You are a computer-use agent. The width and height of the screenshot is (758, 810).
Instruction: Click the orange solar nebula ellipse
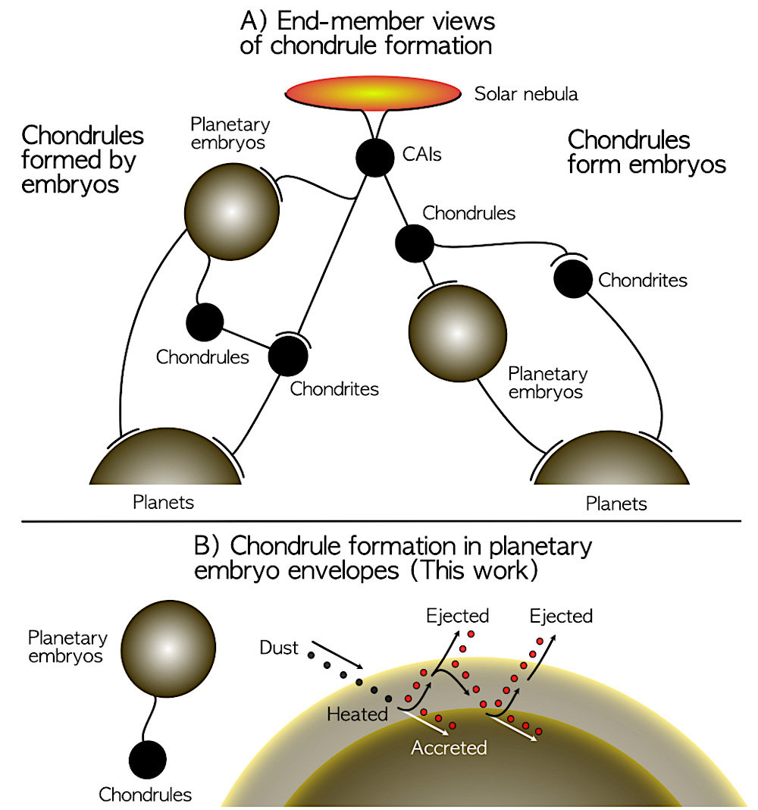pyautogui.click(x=374, y=93)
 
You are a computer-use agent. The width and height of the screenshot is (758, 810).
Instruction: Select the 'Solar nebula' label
pyautogui.click(x=525, y=94)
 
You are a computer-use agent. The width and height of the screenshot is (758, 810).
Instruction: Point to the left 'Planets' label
pyautogui.click(x=163, y=502)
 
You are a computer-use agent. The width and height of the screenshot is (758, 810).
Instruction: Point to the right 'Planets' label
pyautogui.click(x=616, y=504)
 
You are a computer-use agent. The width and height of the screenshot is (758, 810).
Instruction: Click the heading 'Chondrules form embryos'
pyautogui.click(x=647, y=152)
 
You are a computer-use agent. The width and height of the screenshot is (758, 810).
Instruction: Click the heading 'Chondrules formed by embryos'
pyautogui.click(x=82, y=159)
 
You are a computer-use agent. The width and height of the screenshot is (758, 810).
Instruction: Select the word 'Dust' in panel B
pyautogui.click(x=279, y=648)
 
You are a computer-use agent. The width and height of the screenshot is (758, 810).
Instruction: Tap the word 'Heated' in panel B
pyautogui.click(x=358, y=714)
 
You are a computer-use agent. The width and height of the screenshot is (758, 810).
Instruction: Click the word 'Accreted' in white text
pyautogui.click(x=449, y=748)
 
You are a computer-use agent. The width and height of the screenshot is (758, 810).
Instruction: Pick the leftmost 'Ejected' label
pyautogui.click(x=458, y=615)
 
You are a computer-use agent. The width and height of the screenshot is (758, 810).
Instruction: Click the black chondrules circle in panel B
pyautogui.click(x=147, y=760)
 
